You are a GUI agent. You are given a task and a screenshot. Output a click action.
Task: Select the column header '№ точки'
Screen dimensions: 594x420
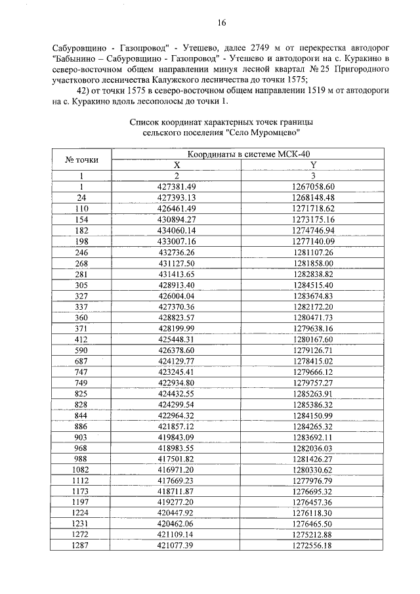pyautogui.click(x=82, y=159)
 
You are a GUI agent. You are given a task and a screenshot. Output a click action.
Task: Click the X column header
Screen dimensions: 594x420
pyautogui.click(x=177, y=165)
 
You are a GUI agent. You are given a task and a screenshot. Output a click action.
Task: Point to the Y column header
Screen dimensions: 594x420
pyautogui.click(x=313, y=165)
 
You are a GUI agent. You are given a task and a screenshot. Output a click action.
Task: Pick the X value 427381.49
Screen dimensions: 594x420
pyautogui.click(x=177, y=186)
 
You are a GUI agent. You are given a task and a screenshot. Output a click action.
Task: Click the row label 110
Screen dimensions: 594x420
pyautogui.click(x=82, y=208)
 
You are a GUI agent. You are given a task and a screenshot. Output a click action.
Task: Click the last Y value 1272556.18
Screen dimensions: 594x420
pyautogui.click(x=313, y=545)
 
